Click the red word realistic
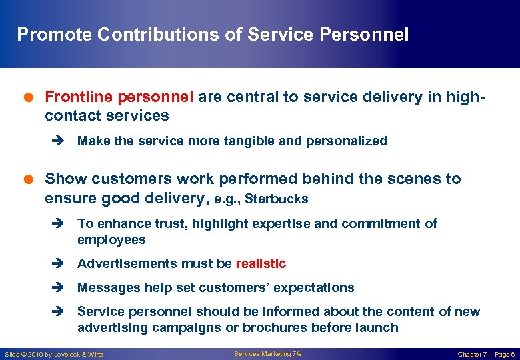[x=261, y=263]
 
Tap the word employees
[x=111, y=239]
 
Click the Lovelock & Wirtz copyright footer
[x=54, y=354]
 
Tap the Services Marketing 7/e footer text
[x=267, y=353]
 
